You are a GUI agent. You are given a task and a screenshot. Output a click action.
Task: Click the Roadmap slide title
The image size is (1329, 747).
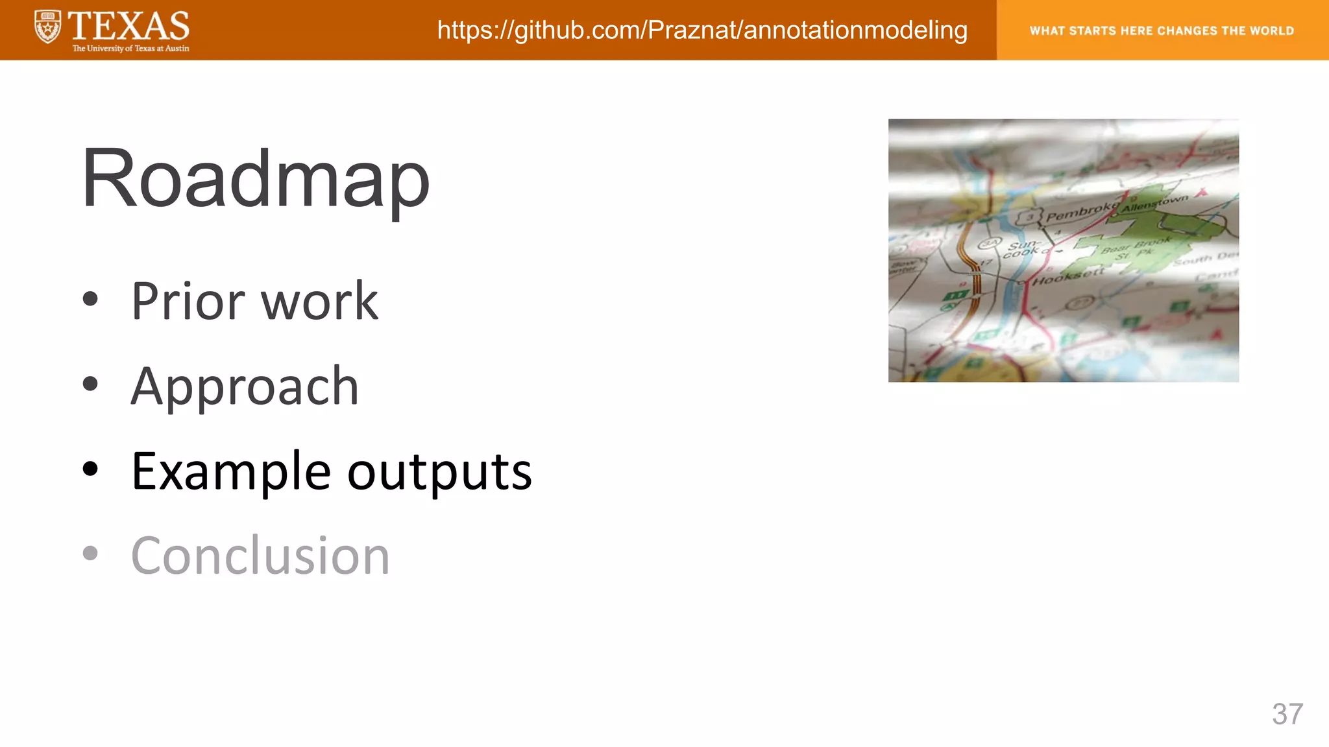click(255, 179)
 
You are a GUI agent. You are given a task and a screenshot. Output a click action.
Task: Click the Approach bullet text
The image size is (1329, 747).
click(245, 387)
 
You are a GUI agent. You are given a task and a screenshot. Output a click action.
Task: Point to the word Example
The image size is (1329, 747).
click(231, 472)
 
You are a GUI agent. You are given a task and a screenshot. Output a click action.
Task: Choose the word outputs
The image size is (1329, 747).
click(439, 472)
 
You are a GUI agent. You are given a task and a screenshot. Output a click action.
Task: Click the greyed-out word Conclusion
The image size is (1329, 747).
click(260, 556)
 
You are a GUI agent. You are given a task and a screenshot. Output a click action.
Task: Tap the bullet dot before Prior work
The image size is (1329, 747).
click(90, 299)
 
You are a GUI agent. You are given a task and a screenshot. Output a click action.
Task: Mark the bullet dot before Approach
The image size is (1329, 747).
click(90, 384)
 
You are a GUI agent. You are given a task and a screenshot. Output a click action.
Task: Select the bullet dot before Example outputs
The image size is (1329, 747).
click(90, 469)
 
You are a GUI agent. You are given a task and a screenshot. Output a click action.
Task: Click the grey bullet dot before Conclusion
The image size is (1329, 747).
click(90, 553)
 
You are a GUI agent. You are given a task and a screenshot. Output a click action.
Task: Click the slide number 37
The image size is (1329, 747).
click(1287, 714)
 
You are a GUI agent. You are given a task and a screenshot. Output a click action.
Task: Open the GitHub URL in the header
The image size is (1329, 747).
click(702, 30)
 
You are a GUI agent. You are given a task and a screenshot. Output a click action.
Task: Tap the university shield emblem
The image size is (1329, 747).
click(48, 27)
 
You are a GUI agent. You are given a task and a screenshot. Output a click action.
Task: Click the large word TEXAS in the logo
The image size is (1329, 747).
click(128, 26)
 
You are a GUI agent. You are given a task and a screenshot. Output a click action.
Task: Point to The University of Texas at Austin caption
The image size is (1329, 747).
click(130, 49)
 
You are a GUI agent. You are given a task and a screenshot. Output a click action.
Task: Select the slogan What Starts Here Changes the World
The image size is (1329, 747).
click(1162, 30)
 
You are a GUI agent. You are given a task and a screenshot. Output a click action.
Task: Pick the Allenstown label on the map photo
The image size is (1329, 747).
click(1155, 203)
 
